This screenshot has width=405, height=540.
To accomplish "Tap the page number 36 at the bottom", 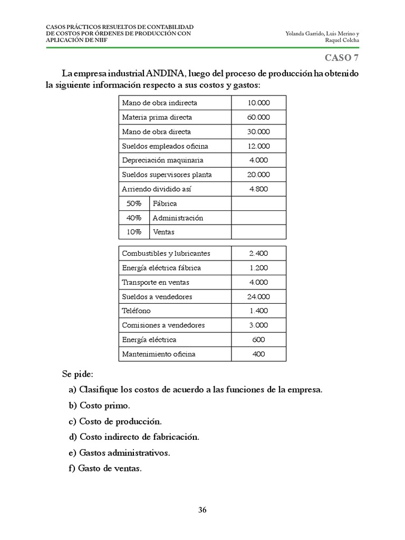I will pyautogui.click(x=202, y=509).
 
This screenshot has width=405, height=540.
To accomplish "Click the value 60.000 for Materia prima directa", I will pyautogui.click(x=258, y=117).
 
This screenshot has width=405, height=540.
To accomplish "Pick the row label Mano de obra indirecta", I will pyautogui.click(x=159, y=103).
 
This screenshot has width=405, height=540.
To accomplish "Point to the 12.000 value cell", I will pyautogui.click(x=258, y=146).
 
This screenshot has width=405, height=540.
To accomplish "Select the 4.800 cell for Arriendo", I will pyautogui.click(x=258, y=189).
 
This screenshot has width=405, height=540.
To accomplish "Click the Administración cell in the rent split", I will pyautogui.click(x=178, y=218).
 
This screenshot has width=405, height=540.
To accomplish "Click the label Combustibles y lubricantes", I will pyautogui.click(x=166, y=254).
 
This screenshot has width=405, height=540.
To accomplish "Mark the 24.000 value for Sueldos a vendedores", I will pyautogui.click(x=258, y=297).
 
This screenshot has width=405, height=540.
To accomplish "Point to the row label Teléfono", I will pyautogui.click(x=136, y=311).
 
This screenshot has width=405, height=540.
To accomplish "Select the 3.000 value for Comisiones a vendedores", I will pyautogui.click(x=258, y=325).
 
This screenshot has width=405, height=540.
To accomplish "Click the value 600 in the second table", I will pyautogui.click(x=258, y=340).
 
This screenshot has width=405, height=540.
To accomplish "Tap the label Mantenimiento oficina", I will pyautogui.click(x=158, y=354).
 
